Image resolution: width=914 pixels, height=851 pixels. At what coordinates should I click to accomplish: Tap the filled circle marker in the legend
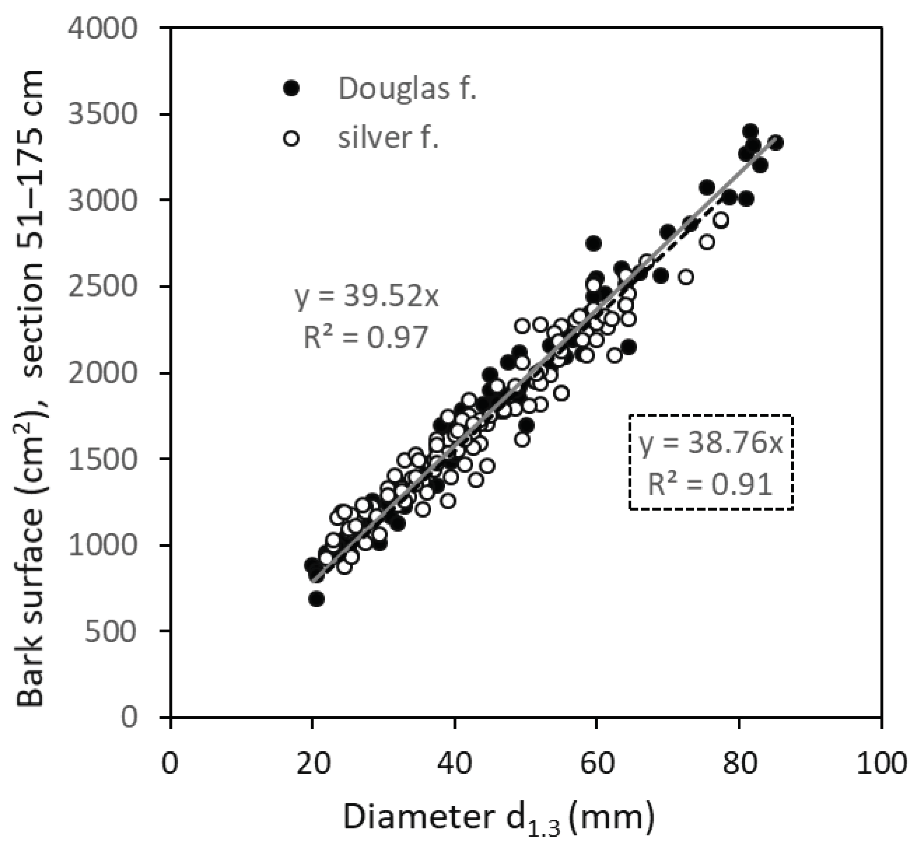click(291, 88)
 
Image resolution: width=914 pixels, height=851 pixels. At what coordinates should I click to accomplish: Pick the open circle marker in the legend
click(291, 138)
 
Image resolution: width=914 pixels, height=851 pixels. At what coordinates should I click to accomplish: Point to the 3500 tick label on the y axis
click(102, 114)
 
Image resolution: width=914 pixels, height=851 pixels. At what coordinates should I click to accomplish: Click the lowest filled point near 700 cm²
click(316, 599)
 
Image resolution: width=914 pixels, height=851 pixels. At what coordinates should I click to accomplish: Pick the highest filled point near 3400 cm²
click(750, 131)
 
